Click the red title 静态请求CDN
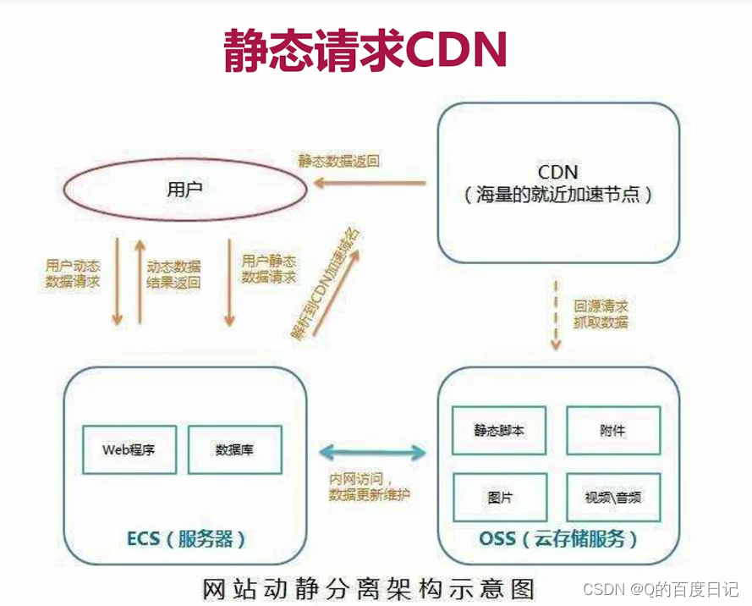(365, 51)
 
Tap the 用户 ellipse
(184, 190)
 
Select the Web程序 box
(129, 449)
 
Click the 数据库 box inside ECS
(234, 449)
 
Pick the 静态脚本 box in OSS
(499, 431)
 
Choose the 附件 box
(612, 431)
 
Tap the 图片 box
(499, 497)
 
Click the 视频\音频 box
(612, 497)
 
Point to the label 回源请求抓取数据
(601, 314)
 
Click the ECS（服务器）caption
(186, 539)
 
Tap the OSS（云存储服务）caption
(557, 539)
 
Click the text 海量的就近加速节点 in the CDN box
(558, 194)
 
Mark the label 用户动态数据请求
(73, 273)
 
